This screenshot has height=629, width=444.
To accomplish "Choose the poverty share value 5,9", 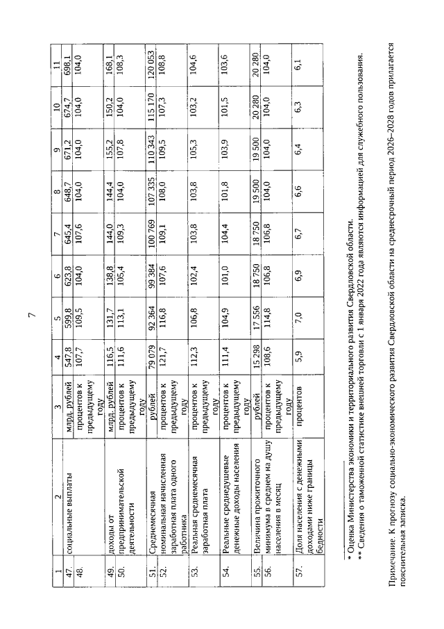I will pos(299,356).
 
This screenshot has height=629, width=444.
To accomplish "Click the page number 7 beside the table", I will pos(31,316).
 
